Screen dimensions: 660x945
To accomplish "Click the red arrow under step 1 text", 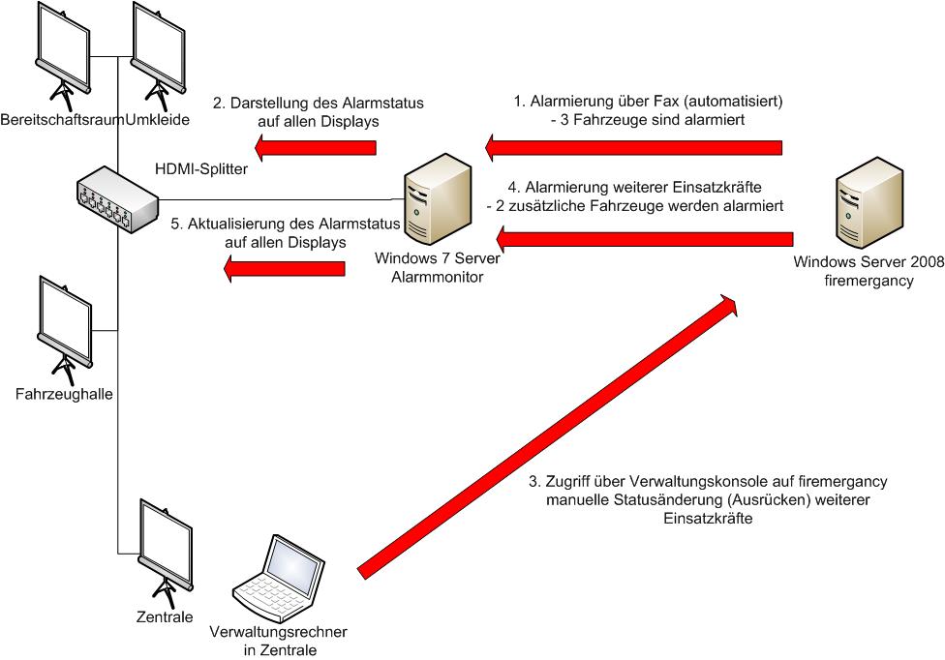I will (x=633, y=146).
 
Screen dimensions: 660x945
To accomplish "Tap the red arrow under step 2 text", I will (x=315, y=146).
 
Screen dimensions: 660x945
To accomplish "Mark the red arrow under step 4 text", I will (x=645, y=237).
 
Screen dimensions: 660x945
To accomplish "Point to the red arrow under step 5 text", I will (x=284, y=268).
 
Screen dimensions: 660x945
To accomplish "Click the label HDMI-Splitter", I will (x=201, y=167).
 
